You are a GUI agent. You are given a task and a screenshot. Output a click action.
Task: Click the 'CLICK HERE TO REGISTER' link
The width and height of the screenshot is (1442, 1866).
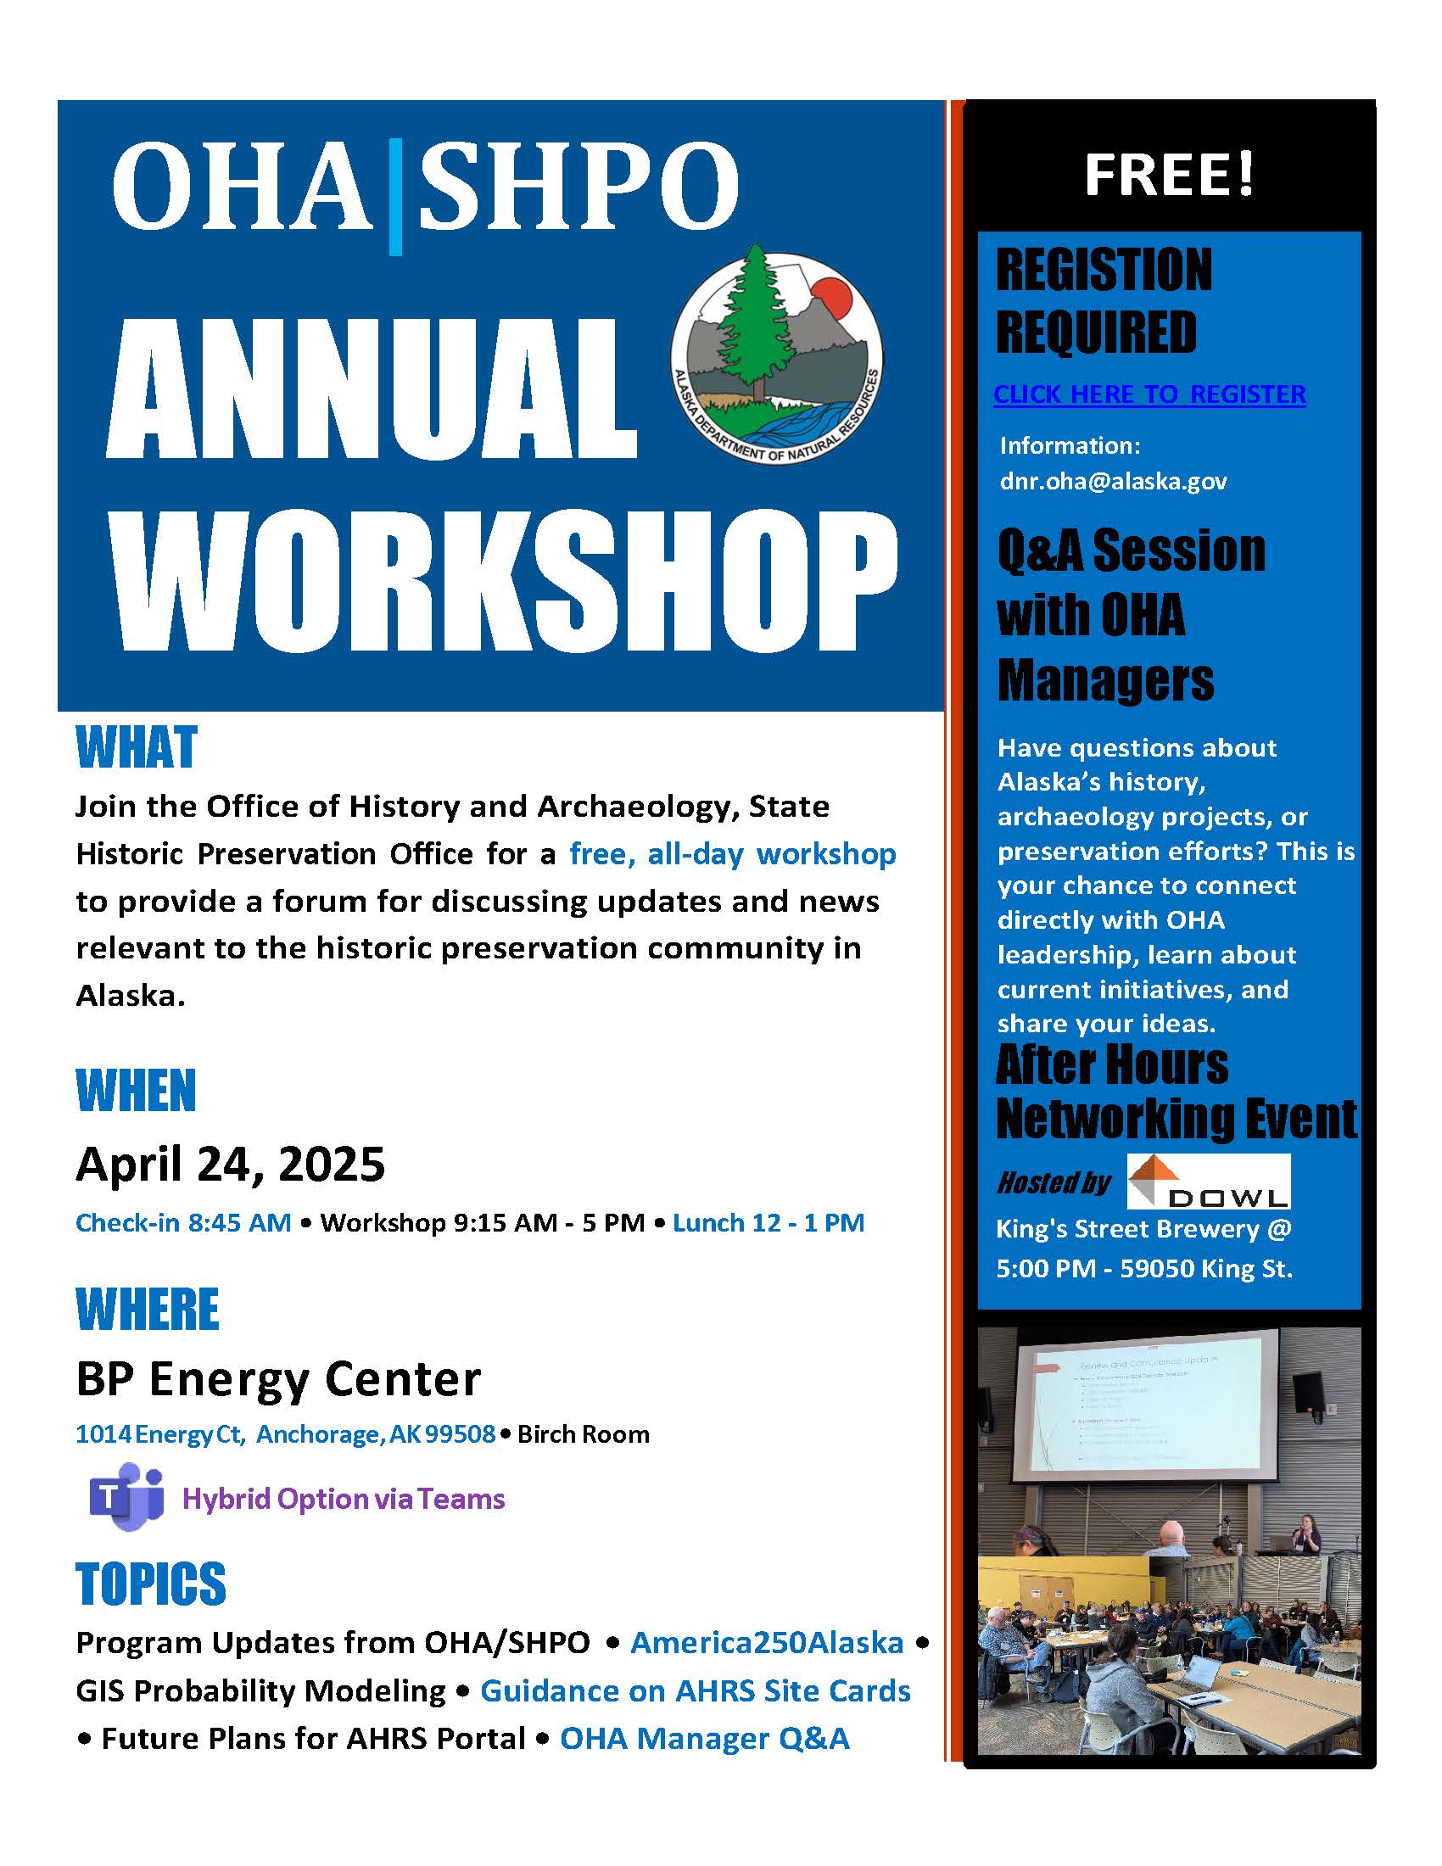[1149, 394]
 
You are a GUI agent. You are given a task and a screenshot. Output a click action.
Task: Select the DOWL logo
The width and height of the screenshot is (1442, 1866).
[1208, 1182]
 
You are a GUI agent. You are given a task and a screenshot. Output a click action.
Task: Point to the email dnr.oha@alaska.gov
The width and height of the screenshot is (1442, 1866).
[1113, 482]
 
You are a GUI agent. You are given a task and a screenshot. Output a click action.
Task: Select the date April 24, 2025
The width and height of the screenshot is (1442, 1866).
[231, 1164]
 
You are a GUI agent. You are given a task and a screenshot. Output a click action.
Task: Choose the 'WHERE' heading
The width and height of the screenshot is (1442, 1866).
[147, 1309]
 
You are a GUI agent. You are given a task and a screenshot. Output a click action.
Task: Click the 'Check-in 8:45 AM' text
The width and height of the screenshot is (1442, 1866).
[184, 1222]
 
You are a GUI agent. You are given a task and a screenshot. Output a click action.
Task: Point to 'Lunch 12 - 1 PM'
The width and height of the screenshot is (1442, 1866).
[768, 1222]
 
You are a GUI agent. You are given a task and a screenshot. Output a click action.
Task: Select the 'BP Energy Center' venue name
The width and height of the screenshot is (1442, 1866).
[278, 1379]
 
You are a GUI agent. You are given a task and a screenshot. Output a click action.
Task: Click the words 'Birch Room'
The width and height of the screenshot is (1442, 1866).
[584, 1433]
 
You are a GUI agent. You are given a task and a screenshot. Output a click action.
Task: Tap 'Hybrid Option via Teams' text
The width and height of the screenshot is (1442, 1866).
[344, 1499]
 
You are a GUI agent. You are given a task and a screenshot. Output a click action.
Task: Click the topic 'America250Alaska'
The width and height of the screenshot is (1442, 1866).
[766, 1642]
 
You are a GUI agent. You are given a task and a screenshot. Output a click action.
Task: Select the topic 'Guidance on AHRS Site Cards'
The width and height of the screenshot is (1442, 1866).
[696, 1690]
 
